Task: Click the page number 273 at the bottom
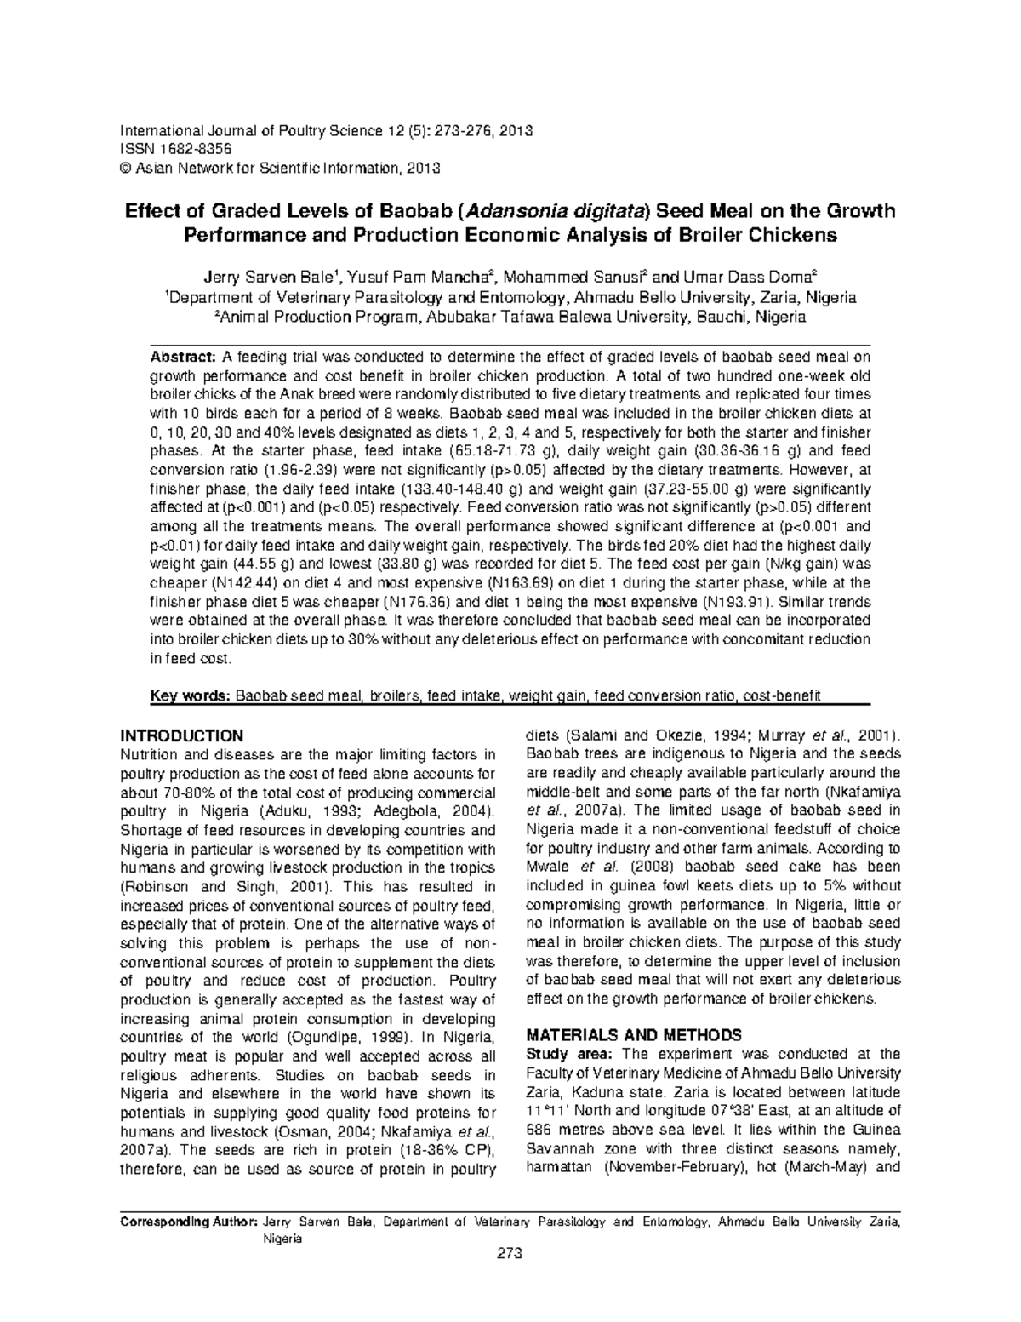click(510, 1253)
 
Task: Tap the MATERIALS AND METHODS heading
click(634, 1035)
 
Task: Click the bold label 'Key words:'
click(190, 695)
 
